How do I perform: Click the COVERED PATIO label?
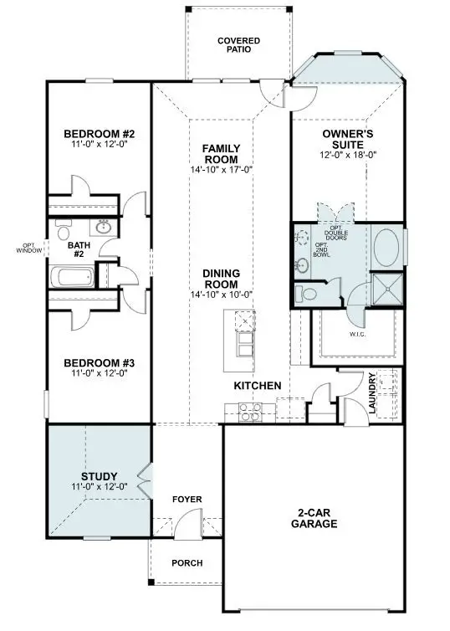tap(238, 44)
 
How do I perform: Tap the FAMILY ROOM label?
tap(221, 154)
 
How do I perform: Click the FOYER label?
tap(187, 500)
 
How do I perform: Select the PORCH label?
tap(187, 563)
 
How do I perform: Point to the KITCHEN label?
tap(257, 385)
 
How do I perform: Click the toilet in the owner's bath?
tap(306, 293)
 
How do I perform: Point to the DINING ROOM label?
tap(221, 279)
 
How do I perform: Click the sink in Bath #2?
tap(103, 228)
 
